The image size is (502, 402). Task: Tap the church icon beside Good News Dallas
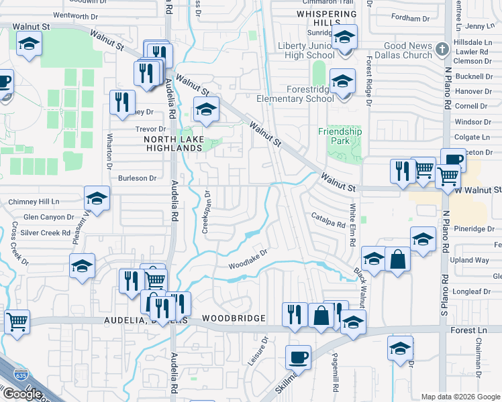click(441, 49)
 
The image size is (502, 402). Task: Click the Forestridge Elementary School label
click(296, 94)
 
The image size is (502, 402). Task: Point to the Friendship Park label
click(340, 137)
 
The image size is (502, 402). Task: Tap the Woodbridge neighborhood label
click(234, 318)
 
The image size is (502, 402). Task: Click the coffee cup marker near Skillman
click(298, 356)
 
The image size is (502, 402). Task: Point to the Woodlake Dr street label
click(248, 258)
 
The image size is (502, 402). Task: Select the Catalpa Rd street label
click(328, 219)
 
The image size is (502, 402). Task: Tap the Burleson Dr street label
click(137, 178)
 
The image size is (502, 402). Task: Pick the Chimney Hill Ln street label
click(34, 201)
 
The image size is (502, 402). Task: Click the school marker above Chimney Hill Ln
click(97, 199)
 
